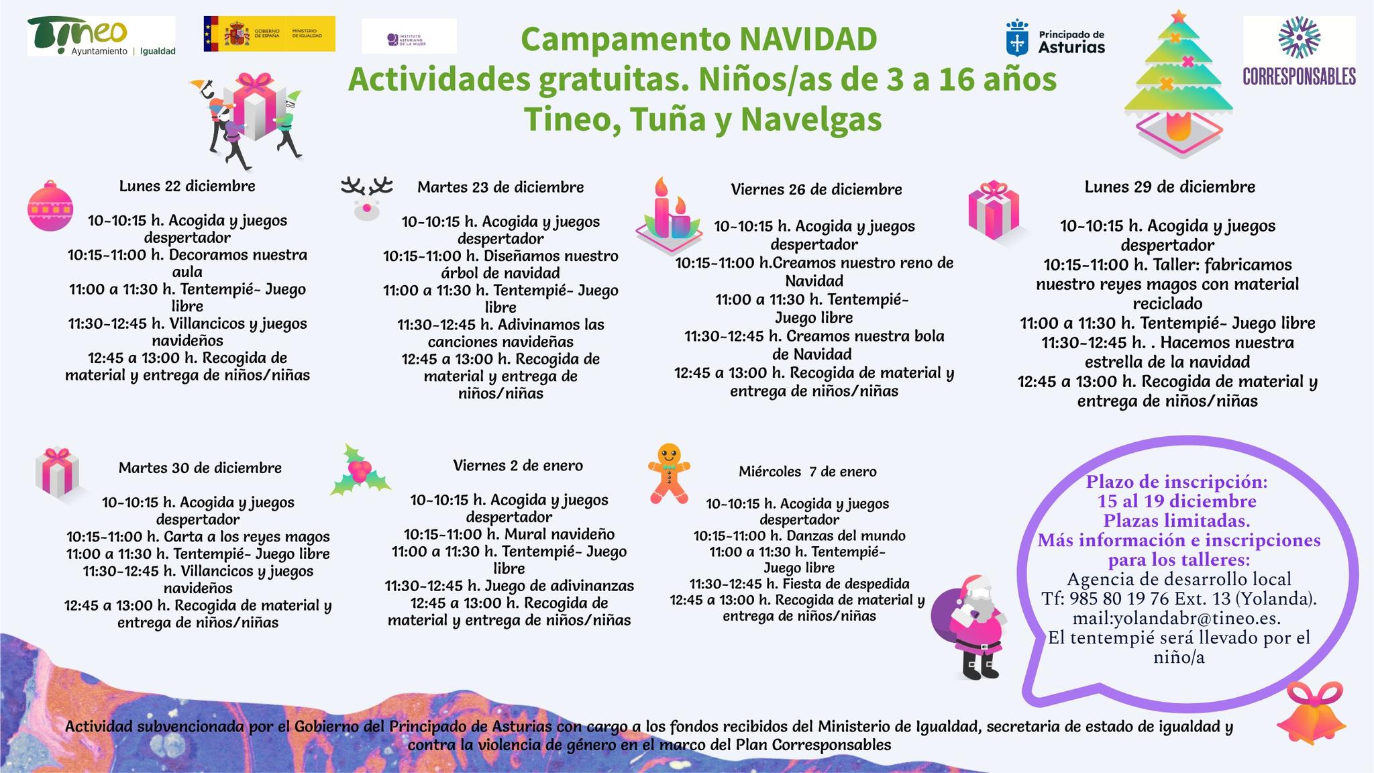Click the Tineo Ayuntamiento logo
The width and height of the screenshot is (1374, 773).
coord(101,36)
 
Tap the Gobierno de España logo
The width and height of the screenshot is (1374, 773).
coord(269,34)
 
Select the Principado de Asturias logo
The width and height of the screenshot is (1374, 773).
coord(1055,38)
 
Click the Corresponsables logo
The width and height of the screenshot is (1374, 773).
coord(1299,52)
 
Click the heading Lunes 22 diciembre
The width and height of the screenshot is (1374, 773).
coord(187,186)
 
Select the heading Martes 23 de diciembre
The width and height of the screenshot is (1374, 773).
coord(500,187)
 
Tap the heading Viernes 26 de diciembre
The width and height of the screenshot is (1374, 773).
coord(816,189)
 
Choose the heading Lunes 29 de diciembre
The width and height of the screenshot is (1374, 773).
coord(1169,187)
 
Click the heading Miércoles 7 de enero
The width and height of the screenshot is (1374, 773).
coord(807,472)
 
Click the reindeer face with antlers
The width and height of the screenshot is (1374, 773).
coord(366,198)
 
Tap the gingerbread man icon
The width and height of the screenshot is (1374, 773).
coord(668,472)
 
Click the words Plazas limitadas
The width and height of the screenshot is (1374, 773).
coord(1176,520)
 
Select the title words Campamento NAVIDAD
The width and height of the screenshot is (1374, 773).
coord(698,39)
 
